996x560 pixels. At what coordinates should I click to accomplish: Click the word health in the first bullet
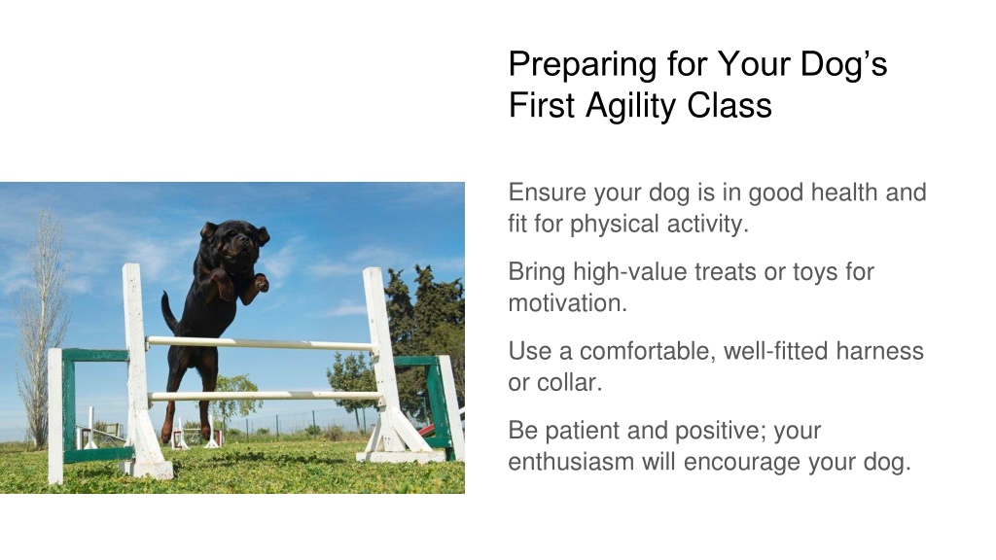coord(844,192)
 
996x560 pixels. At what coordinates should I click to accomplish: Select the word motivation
coord(567,303)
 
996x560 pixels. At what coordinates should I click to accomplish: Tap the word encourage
coord(742,463)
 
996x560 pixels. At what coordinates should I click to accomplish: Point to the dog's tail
coord(168,313)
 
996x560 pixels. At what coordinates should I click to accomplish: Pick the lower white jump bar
coord(265,397)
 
